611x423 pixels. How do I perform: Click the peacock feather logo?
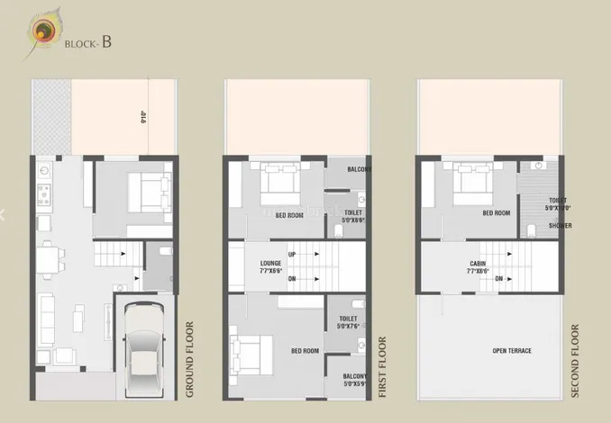43,31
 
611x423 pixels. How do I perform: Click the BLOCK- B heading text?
89,41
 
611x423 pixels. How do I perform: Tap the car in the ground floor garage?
143,351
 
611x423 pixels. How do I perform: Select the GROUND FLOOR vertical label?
190,359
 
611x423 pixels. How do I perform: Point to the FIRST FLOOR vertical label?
384,367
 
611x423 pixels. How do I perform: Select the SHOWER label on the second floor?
547,226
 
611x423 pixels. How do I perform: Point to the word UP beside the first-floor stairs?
293,255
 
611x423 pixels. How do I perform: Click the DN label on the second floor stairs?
498,279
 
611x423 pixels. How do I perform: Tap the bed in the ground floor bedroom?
150,188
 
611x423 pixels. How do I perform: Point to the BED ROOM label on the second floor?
497,213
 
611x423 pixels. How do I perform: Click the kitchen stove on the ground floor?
41,193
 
